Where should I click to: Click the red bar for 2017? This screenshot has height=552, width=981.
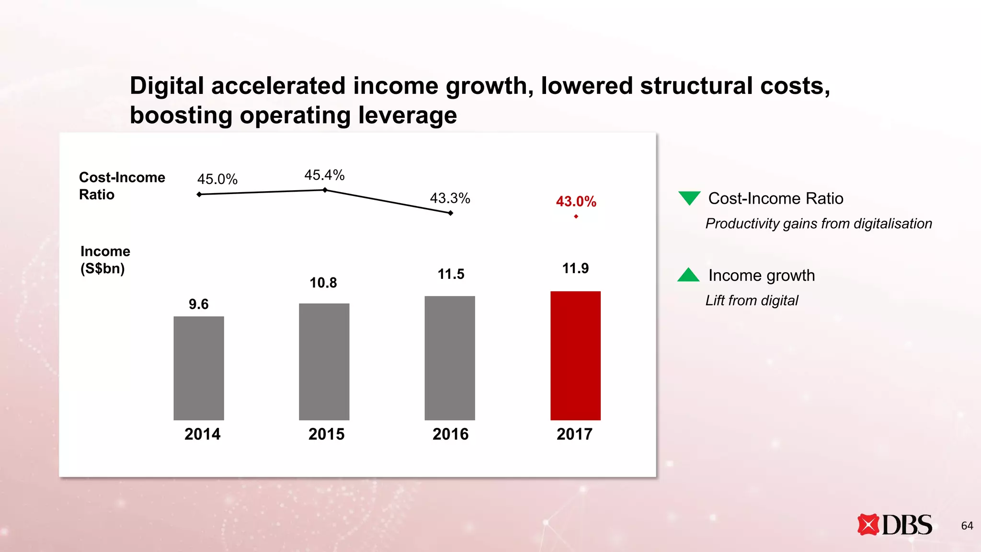[575, 356]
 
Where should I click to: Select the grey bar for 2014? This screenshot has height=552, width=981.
[199, 368]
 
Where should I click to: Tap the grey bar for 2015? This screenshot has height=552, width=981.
[324, 362]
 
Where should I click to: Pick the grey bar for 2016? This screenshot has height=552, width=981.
[450, 358]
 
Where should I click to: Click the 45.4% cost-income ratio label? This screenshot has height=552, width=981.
[324, 175]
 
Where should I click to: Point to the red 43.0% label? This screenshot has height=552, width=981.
[576, 201]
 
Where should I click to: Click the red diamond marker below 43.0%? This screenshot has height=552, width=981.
[576, 217]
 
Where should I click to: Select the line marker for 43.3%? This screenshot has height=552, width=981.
[450, 213]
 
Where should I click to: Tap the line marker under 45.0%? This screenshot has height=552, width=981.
[199, 194]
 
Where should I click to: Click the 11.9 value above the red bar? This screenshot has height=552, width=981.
[575, 268]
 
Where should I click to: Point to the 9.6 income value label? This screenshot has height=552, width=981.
[198, 304]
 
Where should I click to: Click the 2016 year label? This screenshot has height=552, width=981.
[450, 434]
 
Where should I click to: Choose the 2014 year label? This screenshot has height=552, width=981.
[202, 434]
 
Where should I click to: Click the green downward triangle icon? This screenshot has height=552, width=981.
[689, 197]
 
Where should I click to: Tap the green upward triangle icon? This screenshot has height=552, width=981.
[688, 276]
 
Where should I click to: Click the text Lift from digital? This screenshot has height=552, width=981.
[752, 300]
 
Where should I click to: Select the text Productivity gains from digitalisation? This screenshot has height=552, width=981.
[819, 224]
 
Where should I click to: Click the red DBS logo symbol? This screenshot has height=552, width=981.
[868, 525]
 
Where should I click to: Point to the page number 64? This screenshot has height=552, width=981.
[967, 526]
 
